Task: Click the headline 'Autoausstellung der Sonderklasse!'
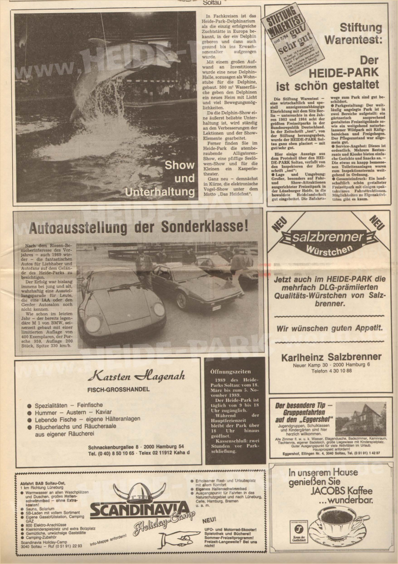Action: (x=138, y=227)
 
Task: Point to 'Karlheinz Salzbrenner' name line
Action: (x=326, y=357)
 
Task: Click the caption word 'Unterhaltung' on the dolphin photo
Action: (x=160, y=193)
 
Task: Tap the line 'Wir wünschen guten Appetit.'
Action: (x=329, y=328)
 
